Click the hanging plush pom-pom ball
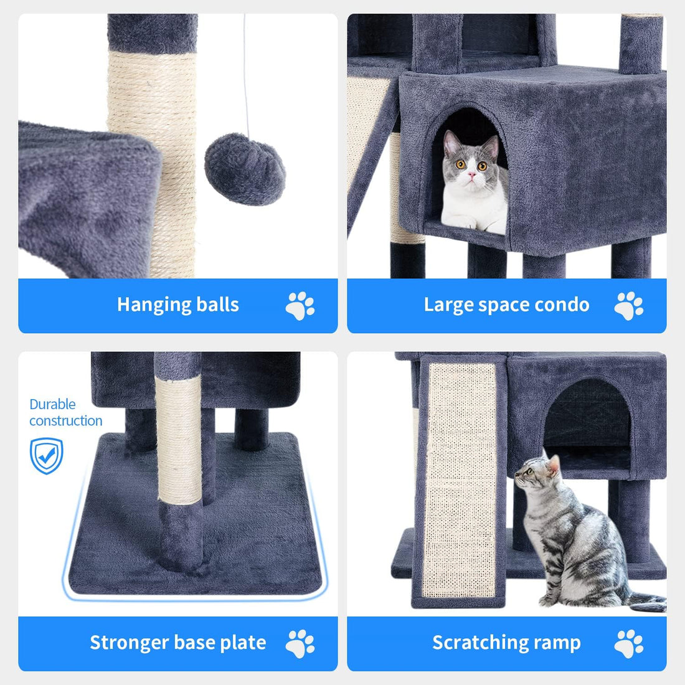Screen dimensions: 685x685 (x=245, y=168)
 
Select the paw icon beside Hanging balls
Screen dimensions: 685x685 (x=300, y=306)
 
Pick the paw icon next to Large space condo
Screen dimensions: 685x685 (x=628, y=306)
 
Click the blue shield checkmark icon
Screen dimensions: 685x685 (x=47, y=455)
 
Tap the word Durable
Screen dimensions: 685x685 (x=52, y=405)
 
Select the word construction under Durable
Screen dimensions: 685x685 (x=66, y=421)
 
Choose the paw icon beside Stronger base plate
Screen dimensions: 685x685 (x=300, y=643)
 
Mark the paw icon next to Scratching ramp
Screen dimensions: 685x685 (x=628, y=643)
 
